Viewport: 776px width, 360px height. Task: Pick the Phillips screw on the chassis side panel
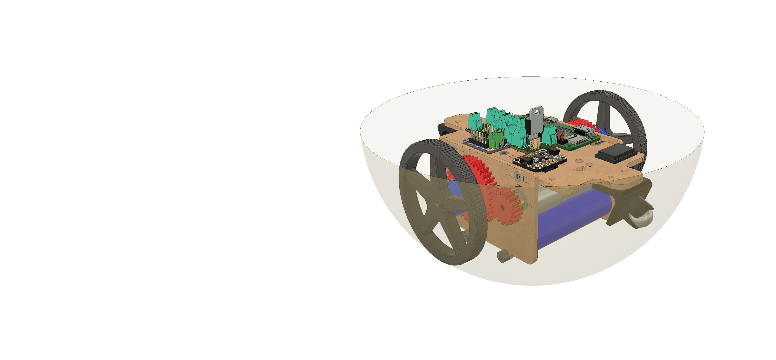tap(517, 175)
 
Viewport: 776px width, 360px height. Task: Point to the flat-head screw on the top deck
tap(503, 153)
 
